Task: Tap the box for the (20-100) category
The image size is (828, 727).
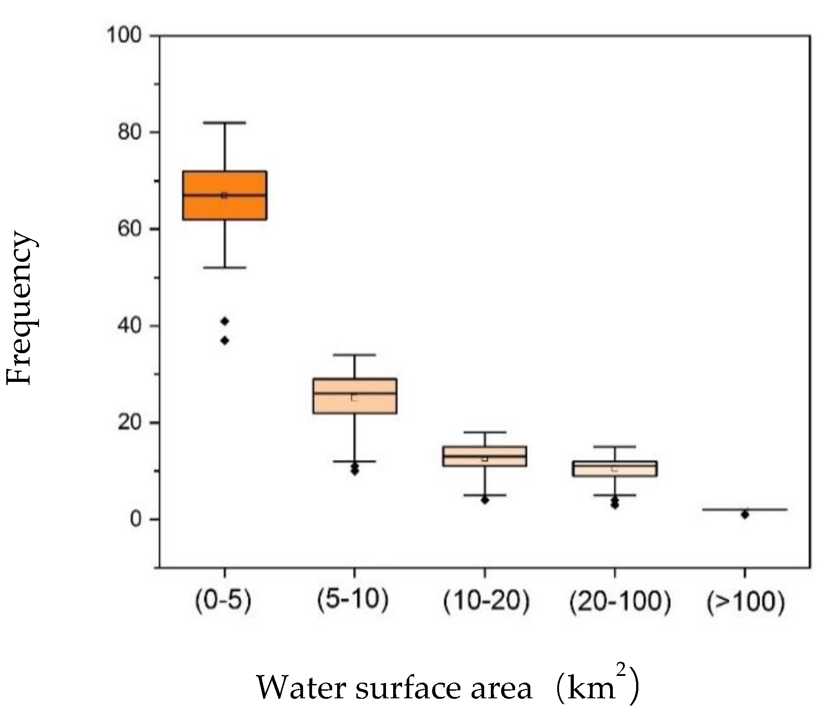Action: click(x=615, y=472)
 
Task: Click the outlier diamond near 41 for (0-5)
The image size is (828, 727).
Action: click(x=225, y=321)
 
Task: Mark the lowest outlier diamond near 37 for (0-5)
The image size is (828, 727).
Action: click(x=225, y=341)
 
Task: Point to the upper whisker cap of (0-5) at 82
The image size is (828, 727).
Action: click(x=225, y=122)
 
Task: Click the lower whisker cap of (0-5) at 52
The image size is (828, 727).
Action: click(x=225, y=268)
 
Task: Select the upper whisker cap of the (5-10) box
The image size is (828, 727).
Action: click(x=355, y=355)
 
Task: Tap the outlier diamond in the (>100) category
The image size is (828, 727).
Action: click(x=745, y=515)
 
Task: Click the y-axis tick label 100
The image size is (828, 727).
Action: click(x=124, y=35)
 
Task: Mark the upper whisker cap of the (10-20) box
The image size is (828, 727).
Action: click(x=485, y=433)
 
